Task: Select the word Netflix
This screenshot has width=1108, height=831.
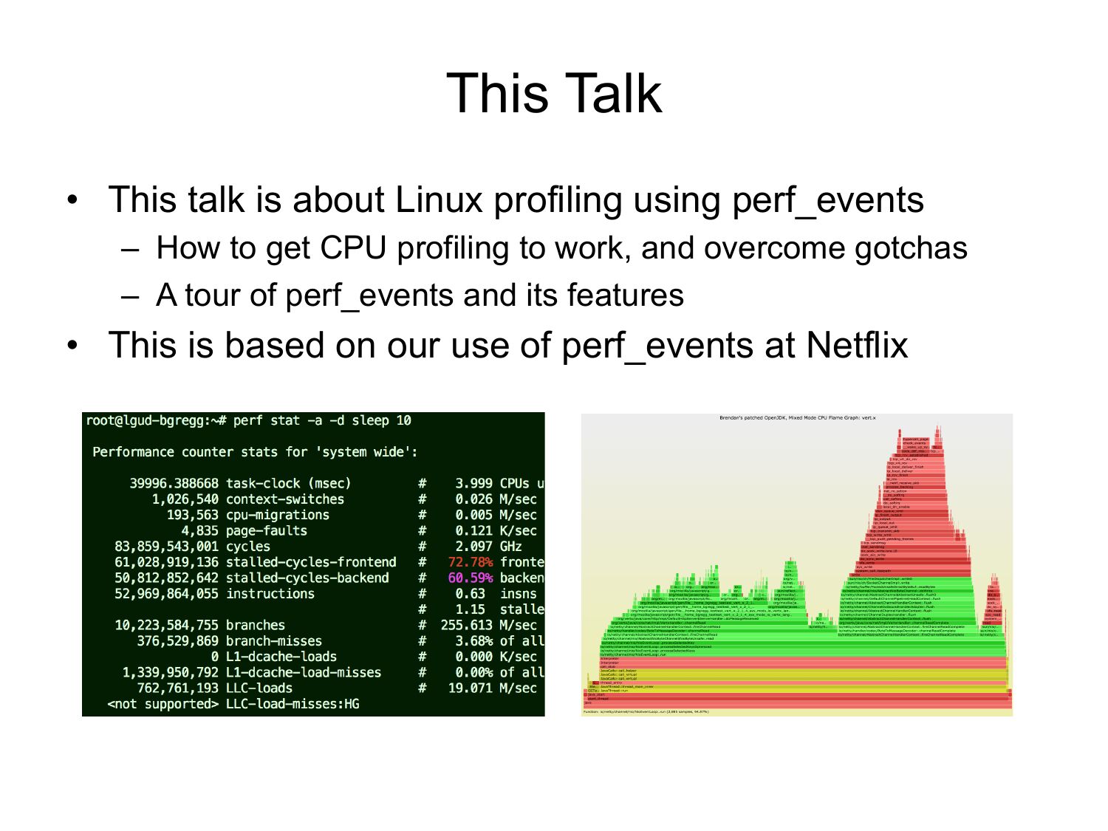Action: [x=857, y=345]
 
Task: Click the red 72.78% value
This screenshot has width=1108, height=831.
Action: [x=470, y=562]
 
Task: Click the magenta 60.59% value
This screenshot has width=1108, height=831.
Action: [x=470, y=578]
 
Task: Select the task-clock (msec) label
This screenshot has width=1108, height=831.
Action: [x=288, y=484]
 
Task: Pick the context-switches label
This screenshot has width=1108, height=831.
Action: [x=284, y=499]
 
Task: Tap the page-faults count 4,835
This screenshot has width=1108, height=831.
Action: [x=199, y=531]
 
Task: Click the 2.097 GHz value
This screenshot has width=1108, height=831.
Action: [x=488, y=547]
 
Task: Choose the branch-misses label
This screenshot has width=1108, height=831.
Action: [x=273, y=641]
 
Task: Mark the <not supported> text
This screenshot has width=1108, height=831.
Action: [x=163, y=704]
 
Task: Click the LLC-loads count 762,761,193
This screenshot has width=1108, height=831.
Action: [x=177, y=688]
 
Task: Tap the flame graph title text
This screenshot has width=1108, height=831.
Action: [x=797, y=418]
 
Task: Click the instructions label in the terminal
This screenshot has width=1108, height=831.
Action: [x=270, y=594]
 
